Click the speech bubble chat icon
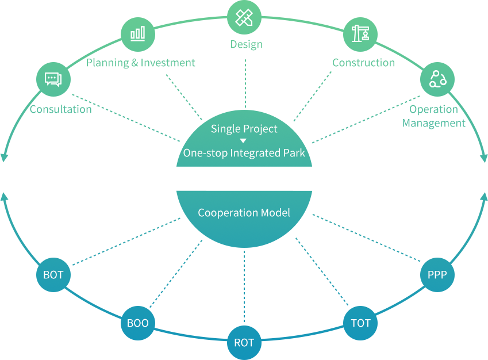53,79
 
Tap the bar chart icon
137,34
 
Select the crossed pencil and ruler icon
244,18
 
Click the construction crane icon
360,33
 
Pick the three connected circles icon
437,79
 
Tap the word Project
262,129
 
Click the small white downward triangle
243,141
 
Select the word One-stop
205,153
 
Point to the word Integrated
256,153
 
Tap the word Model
275,213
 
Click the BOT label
53,275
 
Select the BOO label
138,323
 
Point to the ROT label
244,343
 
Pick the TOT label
361,323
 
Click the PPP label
437,275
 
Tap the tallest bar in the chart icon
142,33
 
